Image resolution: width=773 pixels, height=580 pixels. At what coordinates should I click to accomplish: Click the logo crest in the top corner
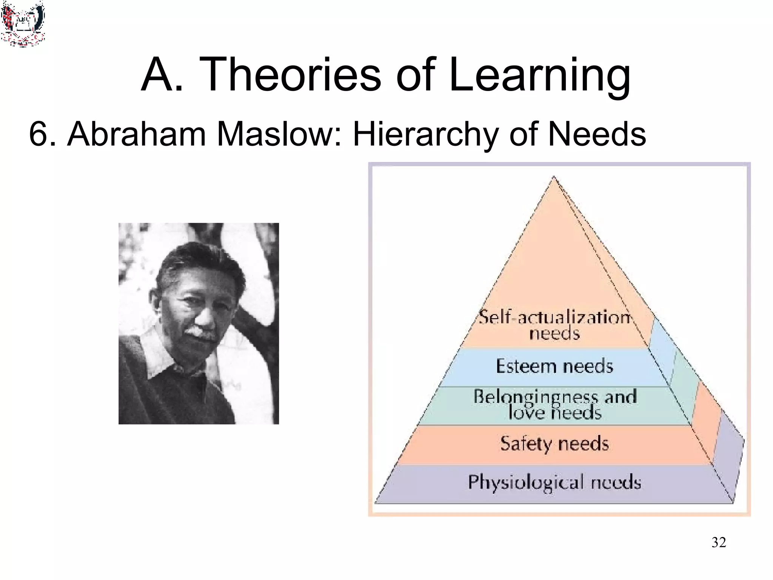pos(23,23)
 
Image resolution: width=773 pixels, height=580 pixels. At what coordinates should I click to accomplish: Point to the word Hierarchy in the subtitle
pos(425,134)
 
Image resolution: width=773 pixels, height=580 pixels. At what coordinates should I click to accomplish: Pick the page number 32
pos(718,542)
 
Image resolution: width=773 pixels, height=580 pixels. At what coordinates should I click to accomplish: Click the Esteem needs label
pos(554,366)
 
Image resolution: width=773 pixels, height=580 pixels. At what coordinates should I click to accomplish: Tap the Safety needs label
pos(554,444)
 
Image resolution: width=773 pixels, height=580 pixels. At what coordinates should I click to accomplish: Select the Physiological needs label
pos(554,482)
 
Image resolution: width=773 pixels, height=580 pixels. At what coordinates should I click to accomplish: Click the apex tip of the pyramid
pos(554,177)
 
